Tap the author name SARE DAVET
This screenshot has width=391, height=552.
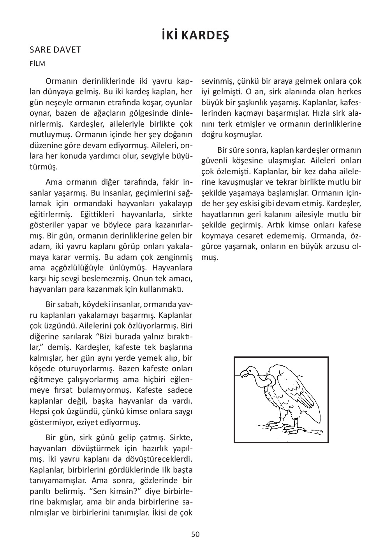tap(55, 50)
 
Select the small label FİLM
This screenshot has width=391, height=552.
tap(37, 64)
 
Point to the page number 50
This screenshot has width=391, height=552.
tap(195, 534)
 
